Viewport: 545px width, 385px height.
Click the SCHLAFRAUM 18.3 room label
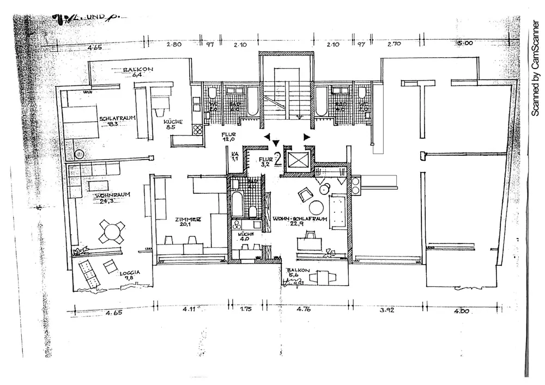click(117, 121)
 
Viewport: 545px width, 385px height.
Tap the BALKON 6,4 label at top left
click(134, 72)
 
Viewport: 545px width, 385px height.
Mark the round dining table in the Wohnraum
click(112, 231)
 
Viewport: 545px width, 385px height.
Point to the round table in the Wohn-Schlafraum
click(316, 207)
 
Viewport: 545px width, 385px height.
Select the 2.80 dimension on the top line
click(174, 45)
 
